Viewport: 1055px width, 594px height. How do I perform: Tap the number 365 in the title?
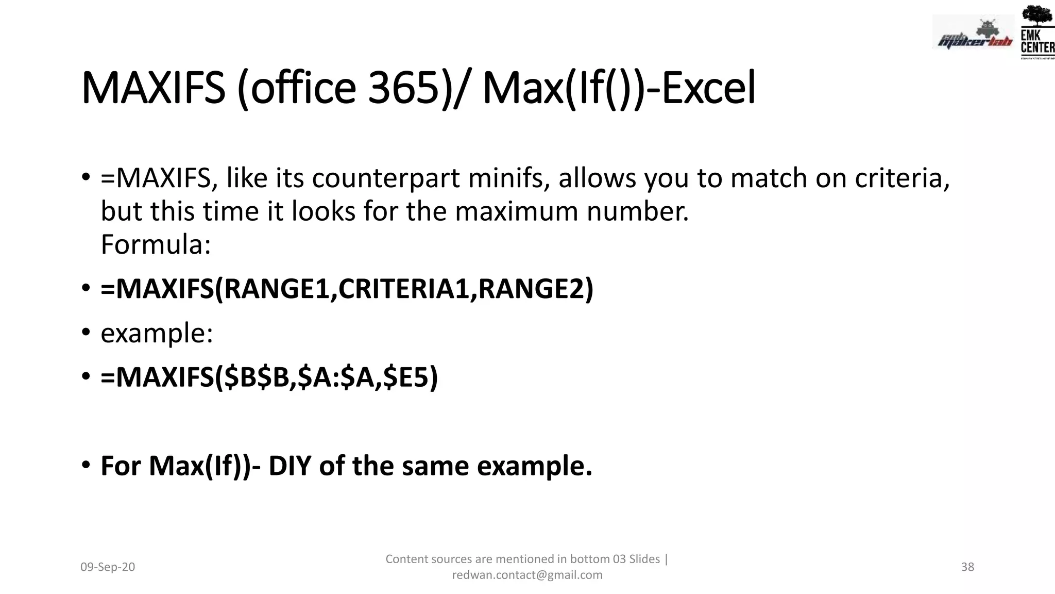click(403, 88)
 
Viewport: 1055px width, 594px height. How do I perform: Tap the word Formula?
click(156, 244)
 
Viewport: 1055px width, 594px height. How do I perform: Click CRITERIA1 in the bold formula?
click(404, 289)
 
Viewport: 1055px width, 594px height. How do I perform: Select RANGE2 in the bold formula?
click(536, 289)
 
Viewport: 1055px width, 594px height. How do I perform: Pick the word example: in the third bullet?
click(157, 333)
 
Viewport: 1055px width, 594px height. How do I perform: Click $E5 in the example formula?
click(411, 377)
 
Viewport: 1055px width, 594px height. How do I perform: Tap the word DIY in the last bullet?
click(290, 466)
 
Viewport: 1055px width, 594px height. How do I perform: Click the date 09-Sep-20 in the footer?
click(108, 567)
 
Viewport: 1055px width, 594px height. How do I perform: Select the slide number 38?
click(967, 567)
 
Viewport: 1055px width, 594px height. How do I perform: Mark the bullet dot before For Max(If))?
click(87, 465)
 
